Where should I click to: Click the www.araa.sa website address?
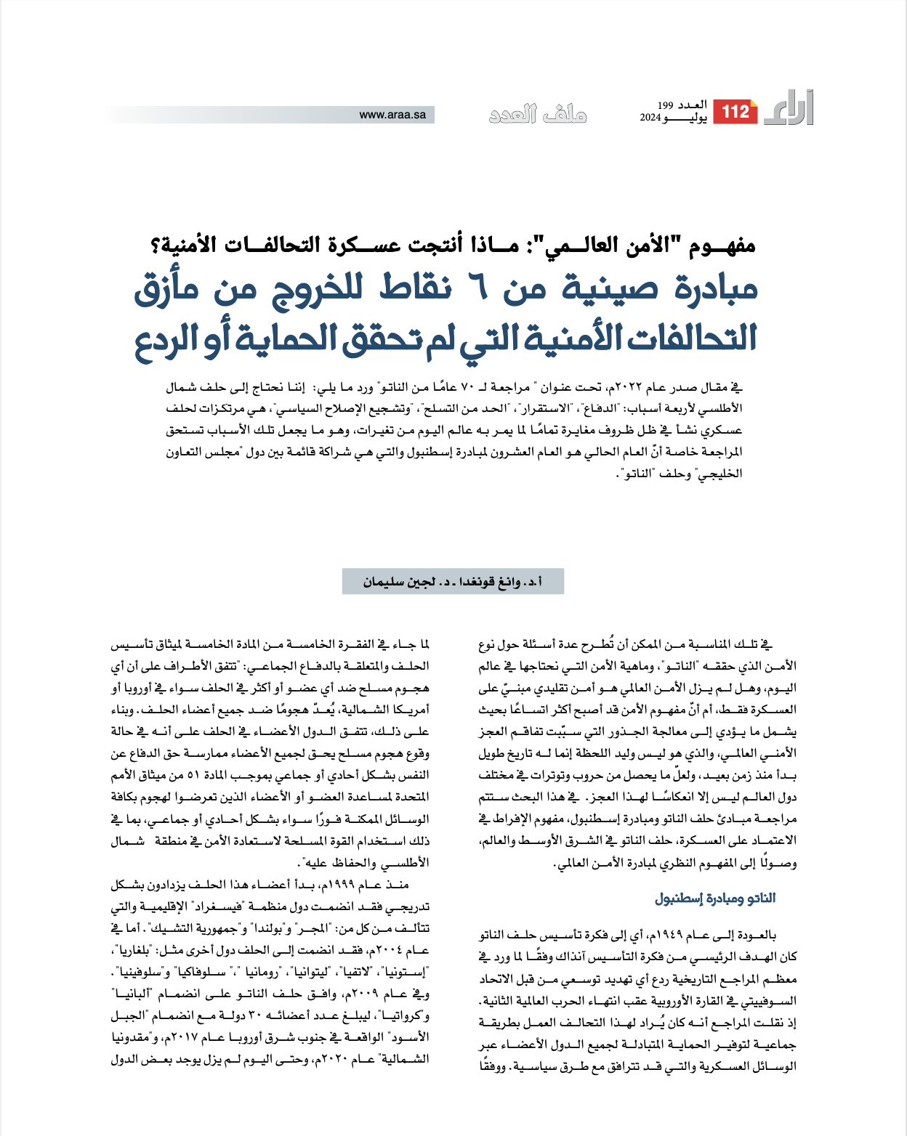point(392,115)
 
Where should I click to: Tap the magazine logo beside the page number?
point(789,110)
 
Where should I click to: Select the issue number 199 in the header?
point(666,106)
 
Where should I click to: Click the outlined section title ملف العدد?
point(537,115)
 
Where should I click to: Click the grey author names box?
point(453,582)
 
